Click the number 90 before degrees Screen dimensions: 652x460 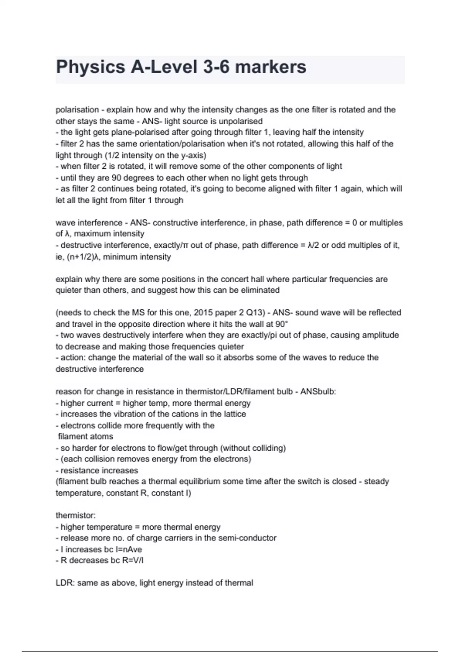click(x=117, y=178)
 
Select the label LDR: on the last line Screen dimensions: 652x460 click(x=65, y=583)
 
